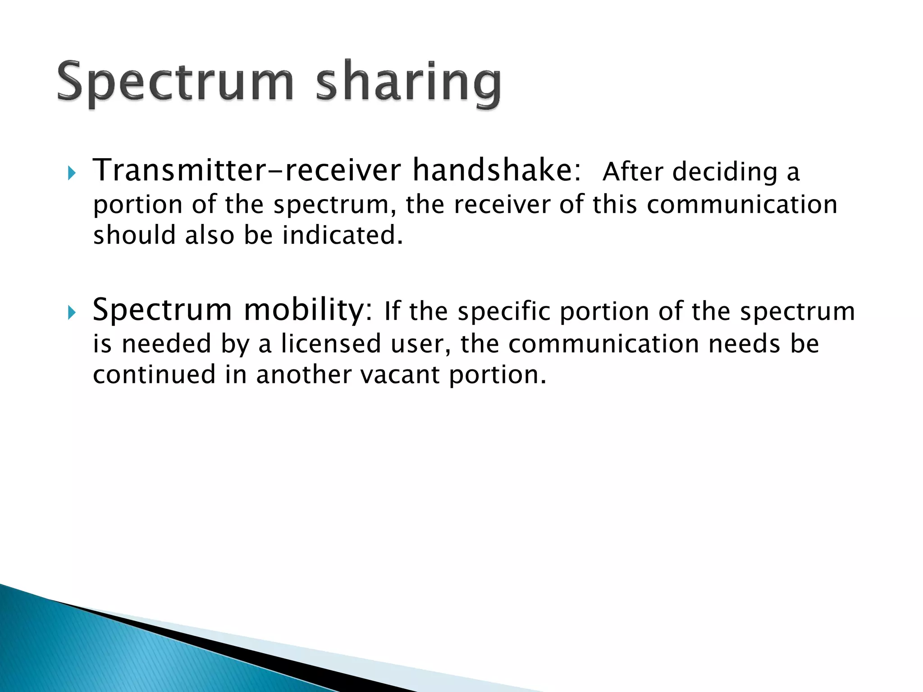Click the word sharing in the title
coord(408,83)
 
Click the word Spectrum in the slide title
coord(175,83)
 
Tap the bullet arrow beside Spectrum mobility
coord(72,312)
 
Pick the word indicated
coord(342,235)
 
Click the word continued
coord(154,375)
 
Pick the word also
coord(210,235)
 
